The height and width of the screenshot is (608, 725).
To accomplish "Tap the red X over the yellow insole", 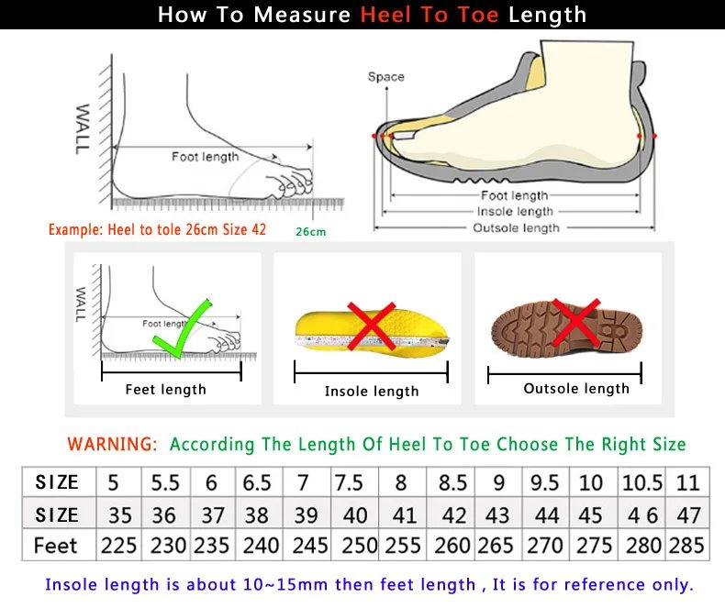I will pyautogui.click(x=371, y=326).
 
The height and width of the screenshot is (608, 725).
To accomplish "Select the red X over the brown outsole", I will pyautogui.click(x=575, y=323).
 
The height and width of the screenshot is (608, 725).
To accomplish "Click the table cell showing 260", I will pyautogui.click(x=452, y=545).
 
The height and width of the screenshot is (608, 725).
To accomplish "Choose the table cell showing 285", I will pyautogui.click(x=687, y=545).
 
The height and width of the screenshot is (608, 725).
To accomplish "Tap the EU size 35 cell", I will pyautogui.click(x=119, y=514).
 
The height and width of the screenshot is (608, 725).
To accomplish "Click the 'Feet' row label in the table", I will pyautogui.click(x=56, y=545).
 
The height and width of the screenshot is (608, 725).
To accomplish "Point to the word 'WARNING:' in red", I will pyautogui.click(x=112, y=444).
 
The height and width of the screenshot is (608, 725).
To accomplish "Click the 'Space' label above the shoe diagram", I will pyautogui.click(x=385, y=77).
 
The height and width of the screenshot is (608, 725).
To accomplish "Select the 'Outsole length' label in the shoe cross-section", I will pyautogui.click(x=515, y=227).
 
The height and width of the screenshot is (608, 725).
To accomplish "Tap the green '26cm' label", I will pyautogui.click(x=310, y=231).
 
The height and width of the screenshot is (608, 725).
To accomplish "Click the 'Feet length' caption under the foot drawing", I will pyautogui.click(x=165, y=390).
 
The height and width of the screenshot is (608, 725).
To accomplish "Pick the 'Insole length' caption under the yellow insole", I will pyautogui.click(x=371, y=392).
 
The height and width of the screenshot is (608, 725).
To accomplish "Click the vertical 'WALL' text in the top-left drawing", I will pyautogui.click(x=83, y=127).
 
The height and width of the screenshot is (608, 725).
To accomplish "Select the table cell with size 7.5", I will pyautogui.click(x=349, y=482).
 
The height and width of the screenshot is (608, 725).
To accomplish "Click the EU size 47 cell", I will pyautogui.click(x=687, y=514).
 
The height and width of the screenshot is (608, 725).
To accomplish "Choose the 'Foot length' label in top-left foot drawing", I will pyautogui.click(x=205, y=157).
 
